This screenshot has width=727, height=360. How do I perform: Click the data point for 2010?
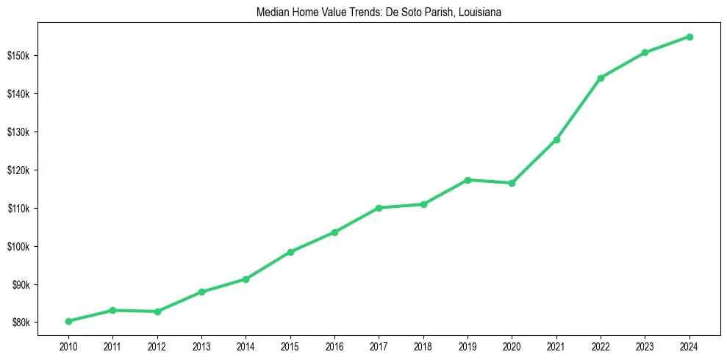coord(68,321)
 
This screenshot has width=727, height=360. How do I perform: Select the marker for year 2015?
coord(290,252)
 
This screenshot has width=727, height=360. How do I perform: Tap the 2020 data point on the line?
coord(512,183)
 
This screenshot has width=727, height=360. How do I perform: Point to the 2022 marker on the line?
coord(601,78)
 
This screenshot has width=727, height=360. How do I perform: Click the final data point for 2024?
coord(690,37)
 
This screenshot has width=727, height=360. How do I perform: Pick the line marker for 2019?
coord(468,180)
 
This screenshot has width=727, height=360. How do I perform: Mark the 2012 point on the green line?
coord(157,312)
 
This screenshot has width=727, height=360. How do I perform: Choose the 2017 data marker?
coord(379,208)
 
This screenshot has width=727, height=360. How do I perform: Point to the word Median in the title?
coord(271,12)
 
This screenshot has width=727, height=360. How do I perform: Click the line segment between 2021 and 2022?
coord(579,109)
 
